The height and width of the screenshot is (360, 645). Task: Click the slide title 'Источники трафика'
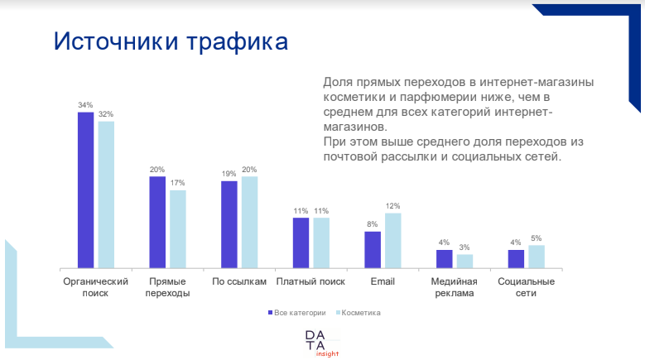tap(171, 42)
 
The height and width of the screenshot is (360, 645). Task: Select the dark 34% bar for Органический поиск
tap(85, 190)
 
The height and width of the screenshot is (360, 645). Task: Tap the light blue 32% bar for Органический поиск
tap(106, 194)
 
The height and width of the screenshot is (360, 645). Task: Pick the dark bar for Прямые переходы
tap(157, 222)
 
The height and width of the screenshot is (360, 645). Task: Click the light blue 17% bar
tap(178, 228)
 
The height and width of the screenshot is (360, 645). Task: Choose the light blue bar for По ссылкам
tap(249, 222)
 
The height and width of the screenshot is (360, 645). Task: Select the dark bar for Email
tap(373, 249)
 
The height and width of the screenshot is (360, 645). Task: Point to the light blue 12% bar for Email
tap(393, 240)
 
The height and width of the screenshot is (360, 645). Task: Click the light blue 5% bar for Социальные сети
tap(537, 256)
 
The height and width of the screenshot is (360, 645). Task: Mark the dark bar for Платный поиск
tap(301, 242)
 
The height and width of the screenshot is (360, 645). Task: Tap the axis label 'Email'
tap(383, 282)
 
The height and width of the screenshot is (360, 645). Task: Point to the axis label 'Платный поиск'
tap(310, 282)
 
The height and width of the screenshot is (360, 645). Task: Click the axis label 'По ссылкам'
tap(239, 282)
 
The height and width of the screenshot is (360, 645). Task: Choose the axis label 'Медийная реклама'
tap(455, 287)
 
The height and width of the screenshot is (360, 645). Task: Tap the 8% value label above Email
tap(373, 224)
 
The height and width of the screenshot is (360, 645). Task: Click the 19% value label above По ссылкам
tap(229, 174)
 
